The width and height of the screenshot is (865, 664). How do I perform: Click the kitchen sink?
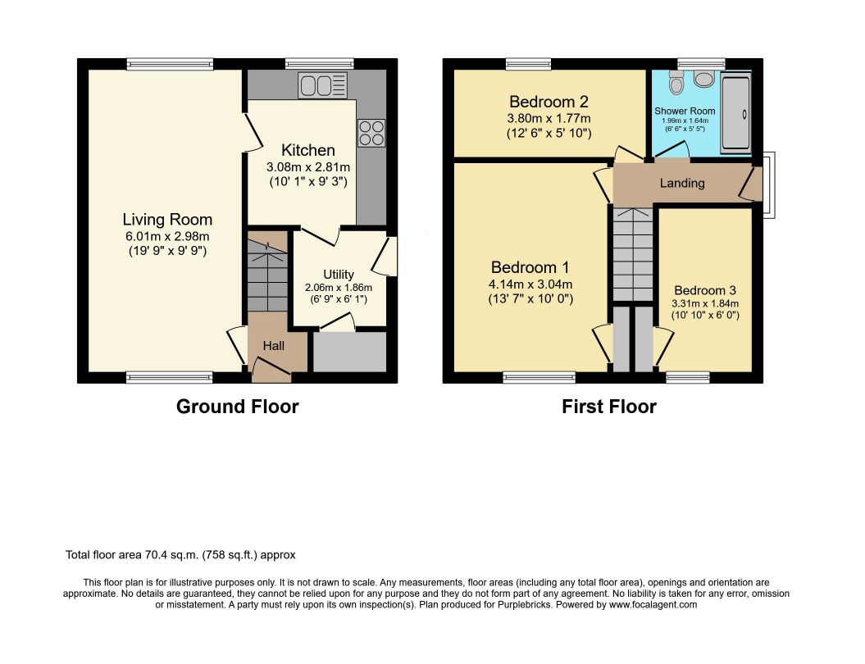(x=323, y=85)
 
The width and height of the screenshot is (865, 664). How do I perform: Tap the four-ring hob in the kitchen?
(x=371, y=133)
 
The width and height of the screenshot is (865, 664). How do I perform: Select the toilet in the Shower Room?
(x=676, y=82)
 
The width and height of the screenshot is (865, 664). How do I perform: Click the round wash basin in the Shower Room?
(x=704, y=79)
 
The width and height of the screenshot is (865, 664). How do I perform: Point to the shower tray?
(x=736, y=114)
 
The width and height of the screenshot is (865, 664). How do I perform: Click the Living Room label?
(x=167, y=220)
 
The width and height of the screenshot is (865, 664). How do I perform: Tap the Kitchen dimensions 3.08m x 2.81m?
(x=307, y=166)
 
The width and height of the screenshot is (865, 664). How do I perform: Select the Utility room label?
(x=338, y=274)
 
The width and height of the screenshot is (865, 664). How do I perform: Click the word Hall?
(x=274, y=346)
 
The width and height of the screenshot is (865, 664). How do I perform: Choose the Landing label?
(x=682, y=183)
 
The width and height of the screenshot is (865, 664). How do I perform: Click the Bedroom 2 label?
(x=549, y=102)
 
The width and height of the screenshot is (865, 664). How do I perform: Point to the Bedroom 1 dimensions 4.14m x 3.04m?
(x=530, y=284)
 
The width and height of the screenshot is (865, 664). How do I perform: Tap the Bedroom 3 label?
(x=705, y=290)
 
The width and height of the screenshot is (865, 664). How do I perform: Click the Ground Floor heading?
(x=237, y=407)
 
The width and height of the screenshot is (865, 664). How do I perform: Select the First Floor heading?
(x=609, y=407)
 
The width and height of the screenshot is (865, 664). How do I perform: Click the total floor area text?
(x=180, y=555)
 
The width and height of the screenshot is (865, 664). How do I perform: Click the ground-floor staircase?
(x=267, y=272)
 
